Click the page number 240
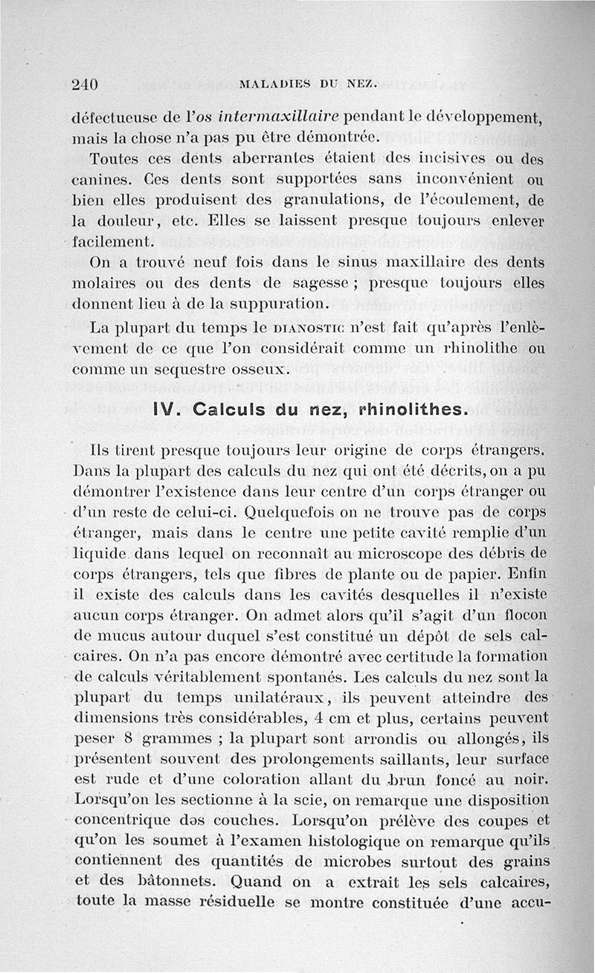(86, 84)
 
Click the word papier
(491, 575)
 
